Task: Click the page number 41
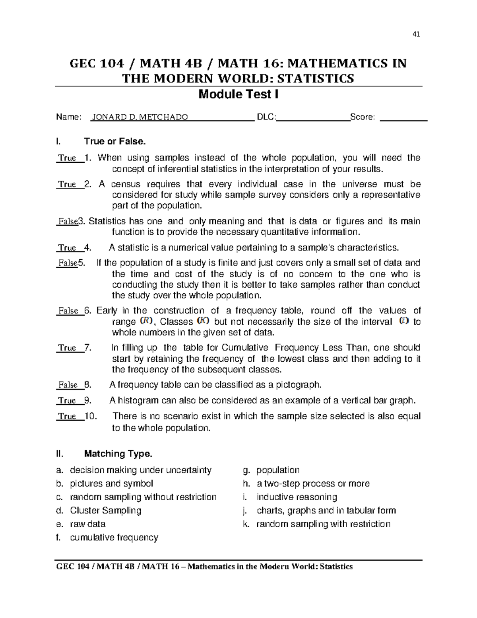point(416,34)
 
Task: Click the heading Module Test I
point(238,94)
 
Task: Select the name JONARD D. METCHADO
point(140,117)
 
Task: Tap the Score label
point(362,117)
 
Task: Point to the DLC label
point(266,117)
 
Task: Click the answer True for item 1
point(67,158)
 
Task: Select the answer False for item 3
point(68,221)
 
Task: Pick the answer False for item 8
point(68,385)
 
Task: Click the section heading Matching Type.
point(118,454)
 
